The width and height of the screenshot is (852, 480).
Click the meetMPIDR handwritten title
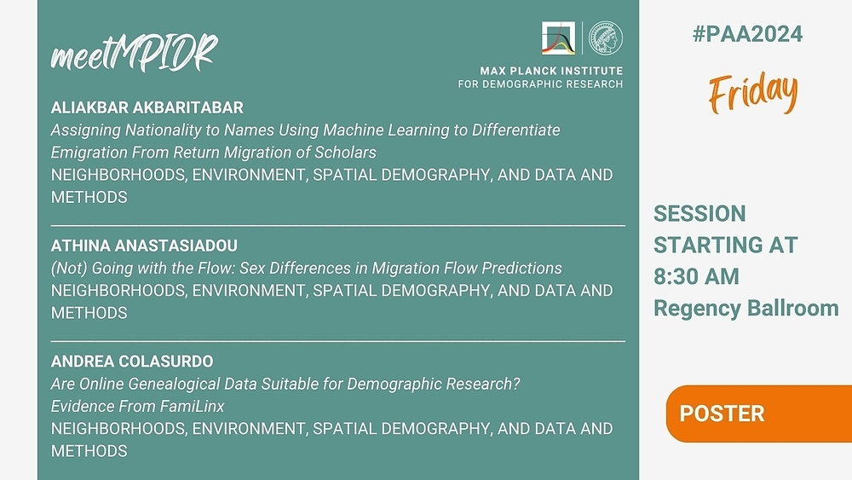tap(134, 53)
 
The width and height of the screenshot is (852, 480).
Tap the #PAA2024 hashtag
tap(747, 34)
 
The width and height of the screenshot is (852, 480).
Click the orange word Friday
tap(753, 92)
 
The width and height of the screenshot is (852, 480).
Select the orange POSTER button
tap(758, 413)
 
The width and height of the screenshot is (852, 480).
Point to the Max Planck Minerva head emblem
tap(606, 38)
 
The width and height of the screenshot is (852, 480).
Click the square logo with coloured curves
tap(558, 38)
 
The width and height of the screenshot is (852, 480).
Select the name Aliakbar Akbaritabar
tap(147, 107)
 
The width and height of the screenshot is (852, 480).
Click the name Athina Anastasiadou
tap(144, 246)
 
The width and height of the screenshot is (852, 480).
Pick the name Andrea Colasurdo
tap(132, 361)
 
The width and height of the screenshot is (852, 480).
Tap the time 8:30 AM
tap(696, 277)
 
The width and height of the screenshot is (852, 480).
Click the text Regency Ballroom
tap(746, 309)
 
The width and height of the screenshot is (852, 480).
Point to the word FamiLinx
tap(192, 406)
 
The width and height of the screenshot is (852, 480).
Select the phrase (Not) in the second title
tap(69, 268)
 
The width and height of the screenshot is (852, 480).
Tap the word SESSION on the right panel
tap(699, 214)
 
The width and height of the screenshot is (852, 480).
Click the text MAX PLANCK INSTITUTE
tap(551, 71)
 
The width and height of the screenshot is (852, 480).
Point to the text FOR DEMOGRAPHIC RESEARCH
tap(540, 84)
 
